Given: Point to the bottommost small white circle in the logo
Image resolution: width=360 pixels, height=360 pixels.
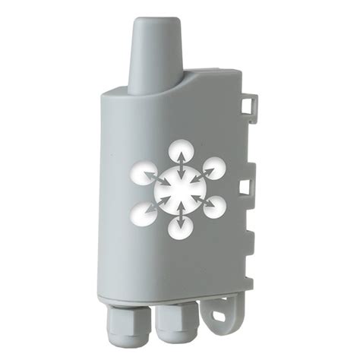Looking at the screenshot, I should click(x=180, y=226).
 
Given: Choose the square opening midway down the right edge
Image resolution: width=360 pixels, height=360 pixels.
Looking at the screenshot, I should click(x=245, y=186).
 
